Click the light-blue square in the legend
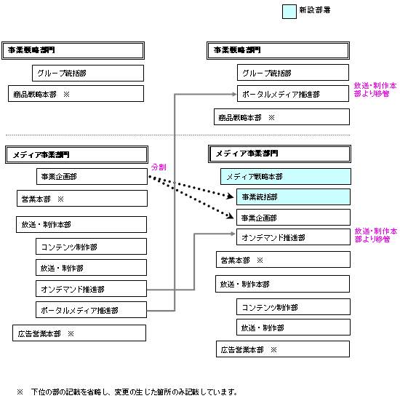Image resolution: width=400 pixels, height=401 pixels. click(x=289, y=12)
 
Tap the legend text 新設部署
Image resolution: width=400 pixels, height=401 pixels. click(x=315, y=10)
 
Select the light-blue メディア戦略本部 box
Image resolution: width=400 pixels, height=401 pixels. click(x=286, y=176)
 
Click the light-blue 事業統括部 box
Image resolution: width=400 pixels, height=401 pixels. click(x=293, y=197)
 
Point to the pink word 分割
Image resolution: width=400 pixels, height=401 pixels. click(x=159, y=167)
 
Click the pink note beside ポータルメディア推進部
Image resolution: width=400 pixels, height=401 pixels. click(x=375, y=90)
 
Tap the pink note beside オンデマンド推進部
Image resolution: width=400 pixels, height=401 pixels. click(x=375, y=235)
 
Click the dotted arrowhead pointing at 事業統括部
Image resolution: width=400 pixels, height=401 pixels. click(x=231, y=196)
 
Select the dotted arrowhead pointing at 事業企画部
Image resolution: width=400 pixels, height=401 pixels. click(x=231, y=216)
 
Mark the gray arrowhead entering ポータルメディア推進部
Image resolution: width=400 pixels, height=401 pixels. click(x=234, y=94)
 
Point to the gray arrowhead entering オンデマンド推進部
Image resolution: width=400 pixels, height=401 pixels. click(x=233, y=234)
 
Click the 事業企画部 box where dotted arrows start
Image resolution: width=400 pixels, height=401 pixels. click(x=92, y=176)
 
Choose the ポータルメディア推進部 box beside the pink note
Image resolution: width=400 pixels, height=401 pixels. click(x=293, y=94)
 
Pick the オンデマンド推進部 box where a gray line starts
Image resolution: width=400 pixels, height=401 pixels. click(x=91, y=289)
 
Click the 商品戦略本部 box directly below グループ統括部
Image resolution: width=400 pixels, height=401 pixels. click(x=76, y=94)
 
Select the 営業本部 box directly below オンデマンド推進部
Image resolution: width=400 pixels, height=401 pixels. click(x=283, y=260)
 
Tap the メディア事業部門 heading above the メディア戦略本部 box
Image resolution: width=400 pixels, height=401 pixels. click(x=279, y=154)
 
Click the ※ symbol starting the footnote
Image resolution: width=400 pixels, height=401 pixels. click(x=20, y=392)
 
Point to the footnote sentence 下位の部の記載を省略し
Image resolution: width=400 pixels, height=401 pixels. click(x=70, y=392)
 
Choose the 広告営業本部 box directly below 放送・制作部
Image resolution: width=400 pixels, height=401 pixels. click(x=283, y=349)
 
